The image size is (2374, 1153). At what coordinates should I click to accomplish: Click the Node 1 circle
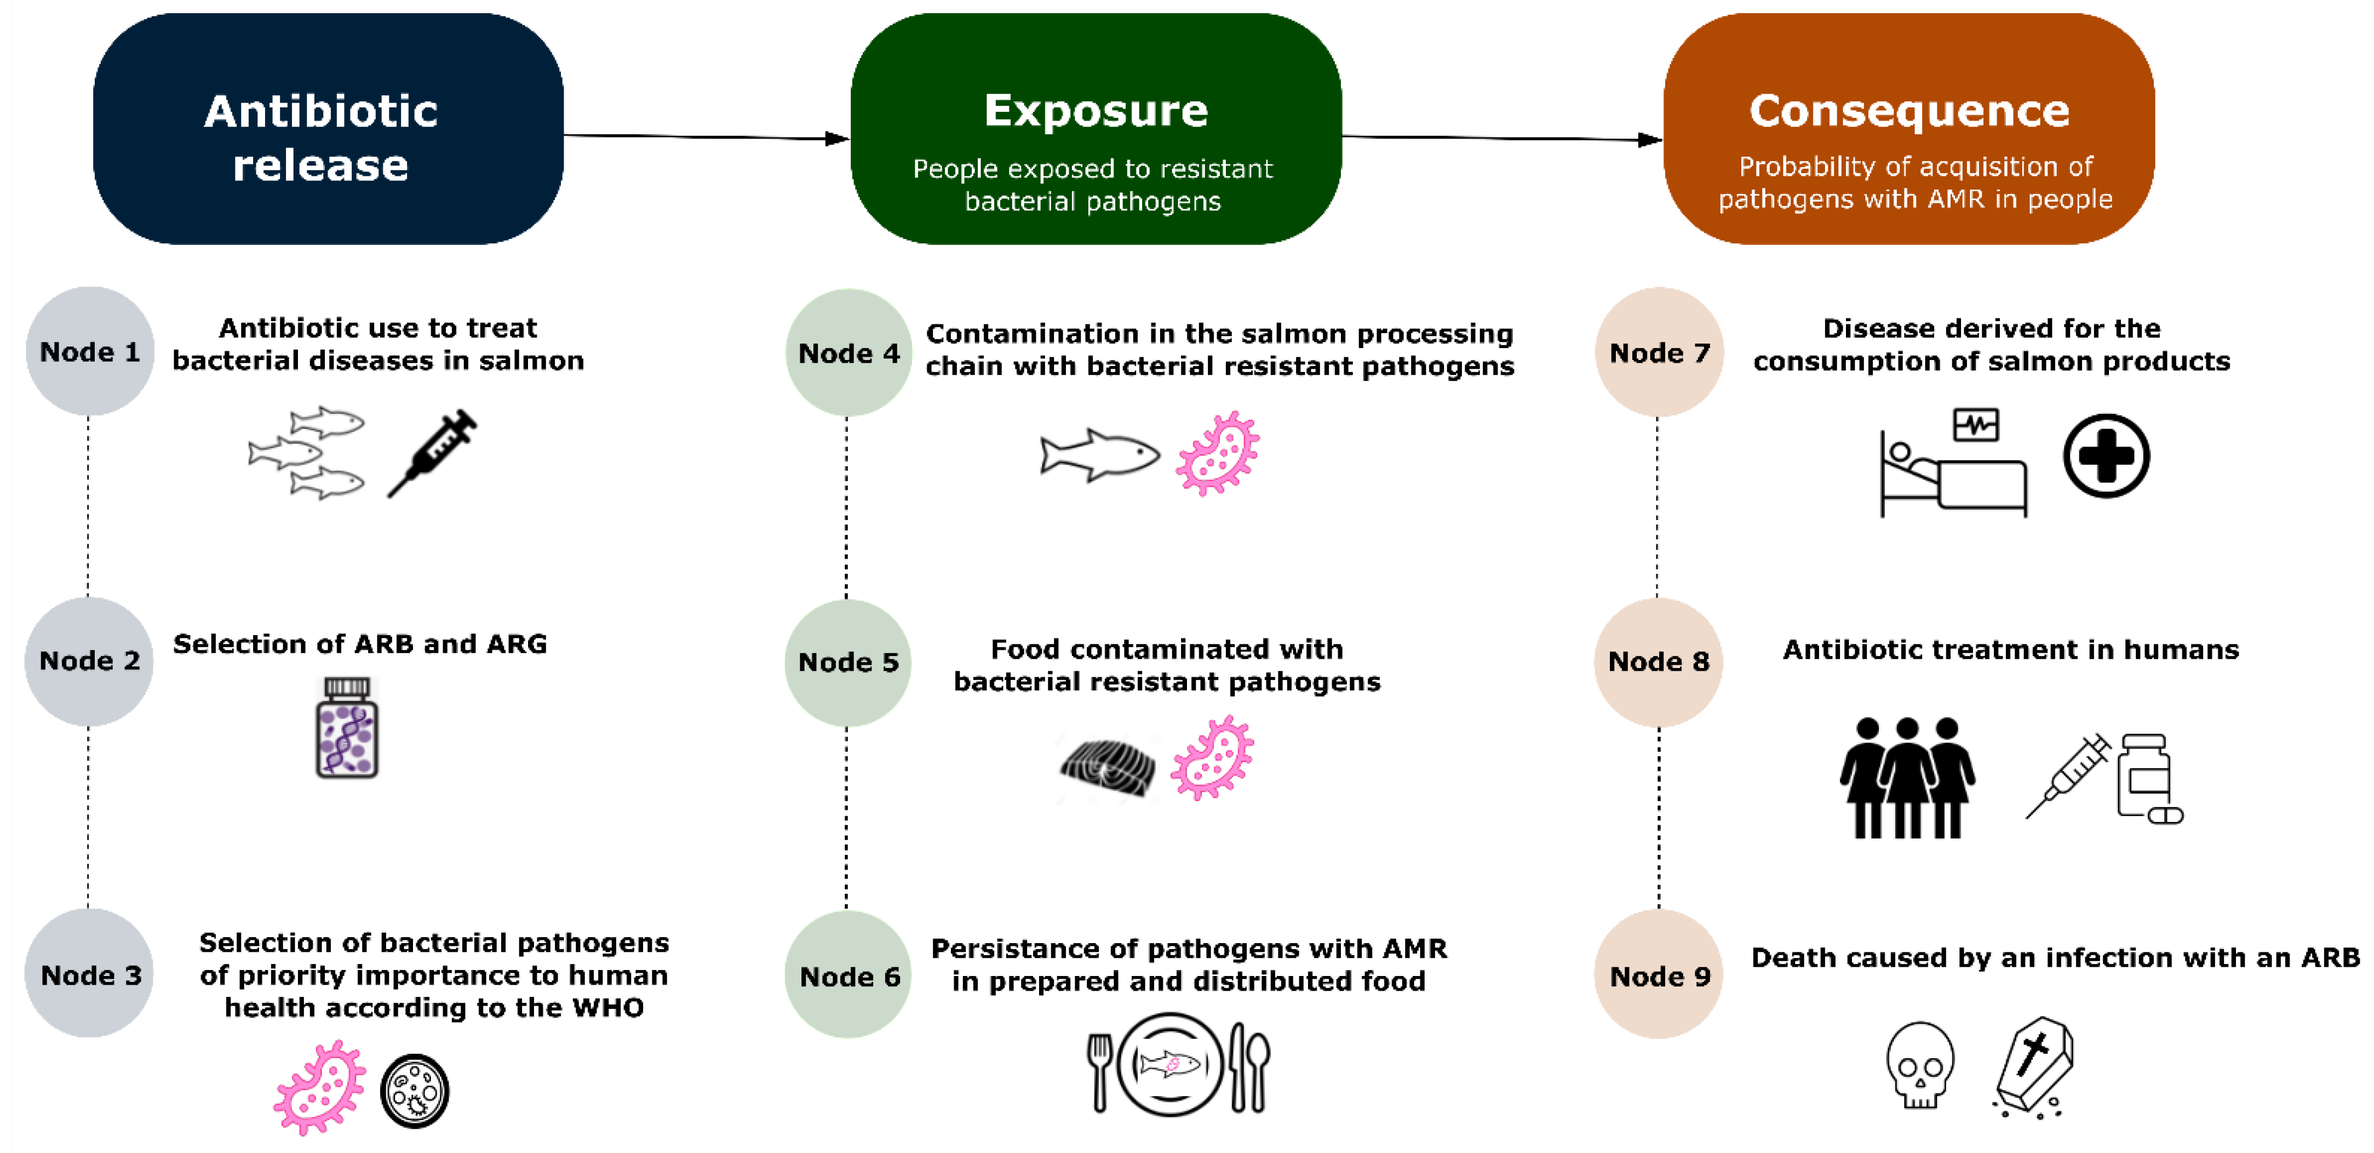pos(89,351)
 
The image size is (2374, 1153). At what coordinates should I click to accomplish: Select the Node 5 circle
pos(848,662)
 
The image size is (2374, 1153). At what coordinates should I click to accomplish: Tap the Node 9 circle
pos(1659,975)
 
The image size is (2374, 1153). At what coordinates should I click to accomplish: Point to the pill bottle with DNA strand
pos(347,728)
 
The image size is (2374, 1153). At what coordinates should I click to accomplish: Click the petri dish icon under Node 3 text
pos(415,1091)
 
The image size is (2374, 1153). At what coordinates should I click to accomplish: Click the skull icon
pos(1920,1065)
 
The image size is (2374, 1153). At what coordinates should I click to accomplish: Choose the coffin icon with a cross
pos(2034,1065)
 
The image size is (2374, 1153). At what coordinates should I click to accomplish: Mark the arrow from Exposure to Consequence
pos(1502,138)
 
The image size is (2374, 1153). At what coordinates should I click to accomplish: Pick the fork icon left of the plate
pos(1099,1071)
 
